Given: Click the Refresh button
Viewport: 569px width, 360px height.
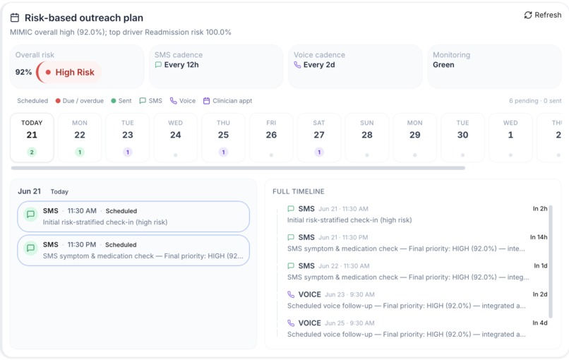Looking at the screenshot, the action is coord(542,15).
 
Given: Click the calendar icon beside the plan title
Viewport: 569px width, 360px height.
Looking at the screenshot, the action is coord(15,18).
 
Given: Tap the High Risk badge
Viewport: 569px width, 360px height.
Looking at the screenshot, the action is coord(68,72).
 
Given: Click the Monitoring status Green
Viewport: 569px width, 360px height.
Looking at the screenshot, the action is coord(443,65).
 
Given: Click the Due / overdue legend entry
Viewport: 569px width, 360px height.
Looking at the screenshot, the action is coord(80,100).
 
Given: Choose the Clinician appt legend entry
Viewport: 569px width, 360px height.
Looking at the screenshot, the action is coord(227,100).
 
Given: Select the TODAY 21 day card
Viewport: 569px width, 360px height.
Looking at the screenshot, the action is coord(32,138).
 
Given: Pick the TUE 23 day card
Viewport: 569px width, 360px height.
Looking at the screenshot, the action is coord(128,138).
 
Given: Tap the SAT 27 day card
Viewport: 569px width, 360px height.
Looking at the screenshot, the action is coord(319,138).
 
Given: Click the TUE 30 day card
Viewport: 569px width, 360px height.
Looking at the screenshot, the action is coord(462,138).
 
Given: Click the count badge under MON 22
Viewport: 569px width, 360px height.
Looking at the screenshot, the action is coord(80,152).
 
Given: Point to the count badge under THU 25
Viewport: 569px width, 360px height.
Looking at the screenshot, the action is coord(224,152).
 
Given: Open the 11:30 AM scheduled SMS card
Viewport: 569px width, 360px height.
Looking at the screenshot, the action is coord(133,216).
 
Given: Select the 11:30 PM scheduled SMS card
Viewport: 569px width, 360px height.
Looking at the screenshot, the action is coord(133,250).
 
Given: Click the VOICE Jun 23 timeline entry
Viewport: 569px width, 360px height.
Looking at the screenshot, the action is coord(407,300).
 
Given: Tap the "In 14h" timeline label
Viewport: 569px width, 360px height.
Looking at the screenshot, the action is coord(539,237).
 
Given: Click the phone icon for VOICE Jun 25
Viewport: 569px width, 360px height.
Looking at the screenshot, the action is coord(291,323).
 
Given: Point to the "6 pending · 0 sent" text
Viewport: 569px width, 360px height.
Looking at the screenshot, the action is coord(535,100).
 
